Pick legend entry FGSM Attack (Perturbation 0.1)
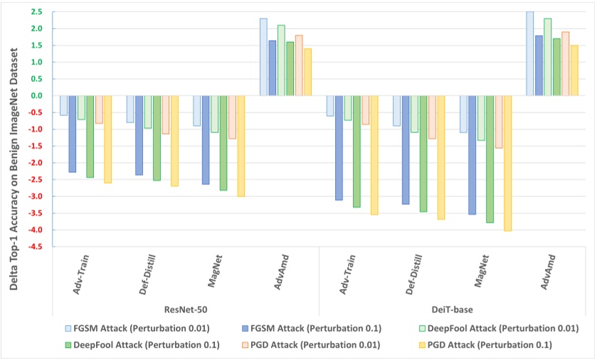pos(309,328)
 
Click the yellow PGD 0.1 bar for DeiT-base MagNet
pos(508,163)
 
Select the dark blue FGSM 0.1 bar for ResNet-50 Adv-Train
pos(73,134)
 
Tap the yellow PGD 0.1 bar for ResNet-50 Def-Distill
pos(174,141)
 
